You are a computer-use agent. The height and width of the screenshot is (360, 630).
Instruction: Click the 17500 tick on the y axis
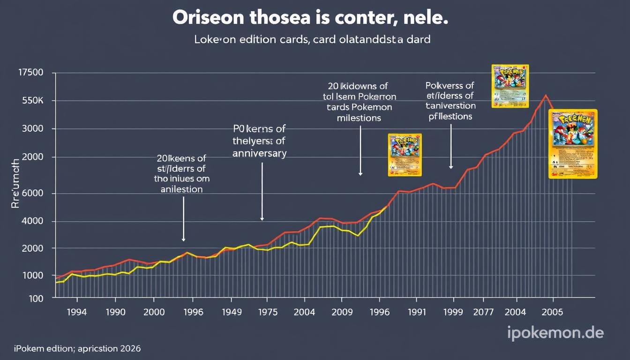point(30,73)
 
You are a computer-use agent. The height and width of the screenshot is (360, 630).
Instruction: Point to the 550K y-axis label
point(31,101)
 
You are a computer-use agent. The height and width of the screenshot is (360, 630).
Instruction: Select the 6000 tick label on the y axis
point(31,193)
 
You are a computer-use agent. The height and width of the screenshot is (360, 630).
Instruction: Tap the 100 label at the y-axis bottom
point(36,298)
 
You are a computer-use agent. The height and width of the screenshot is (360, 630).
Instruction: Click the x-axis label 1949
point(229,312)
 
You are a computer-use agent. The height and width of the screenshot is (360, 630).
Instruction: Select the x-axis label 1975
point(267,312)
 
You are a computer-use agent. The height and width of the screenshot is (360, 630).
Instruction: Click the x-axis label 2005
point(552,312)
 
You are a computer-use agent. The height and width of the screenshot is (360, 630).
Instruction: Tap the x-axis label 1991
point(416,312)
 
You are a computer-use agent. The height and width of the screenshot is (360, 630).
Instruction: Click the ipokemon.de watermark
point(555,333)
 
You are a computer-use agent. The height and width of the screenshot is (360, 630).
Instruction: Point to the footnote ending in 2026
point(77,349)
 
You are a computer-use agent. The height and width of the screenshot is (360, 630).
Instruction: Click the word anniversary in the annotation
point(259,153)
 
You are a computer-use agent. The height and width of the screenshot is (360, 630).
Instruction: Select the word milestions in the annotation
point(359,118)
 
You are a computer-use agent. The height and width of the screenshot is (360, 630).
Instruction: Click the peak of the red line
point(545,96)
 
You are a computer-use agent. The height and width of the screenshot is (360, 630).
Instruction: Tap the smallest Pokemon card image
point(405,155)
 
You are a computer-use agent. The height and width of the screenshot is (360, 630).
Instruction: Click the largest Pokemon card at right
point(573,143)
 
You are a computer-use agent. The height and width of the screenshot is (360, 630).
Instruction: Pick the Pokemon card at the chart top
point(510,86)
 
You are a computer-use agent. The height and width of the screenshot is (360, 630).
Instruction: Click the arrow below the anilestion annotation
point(183,218)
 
